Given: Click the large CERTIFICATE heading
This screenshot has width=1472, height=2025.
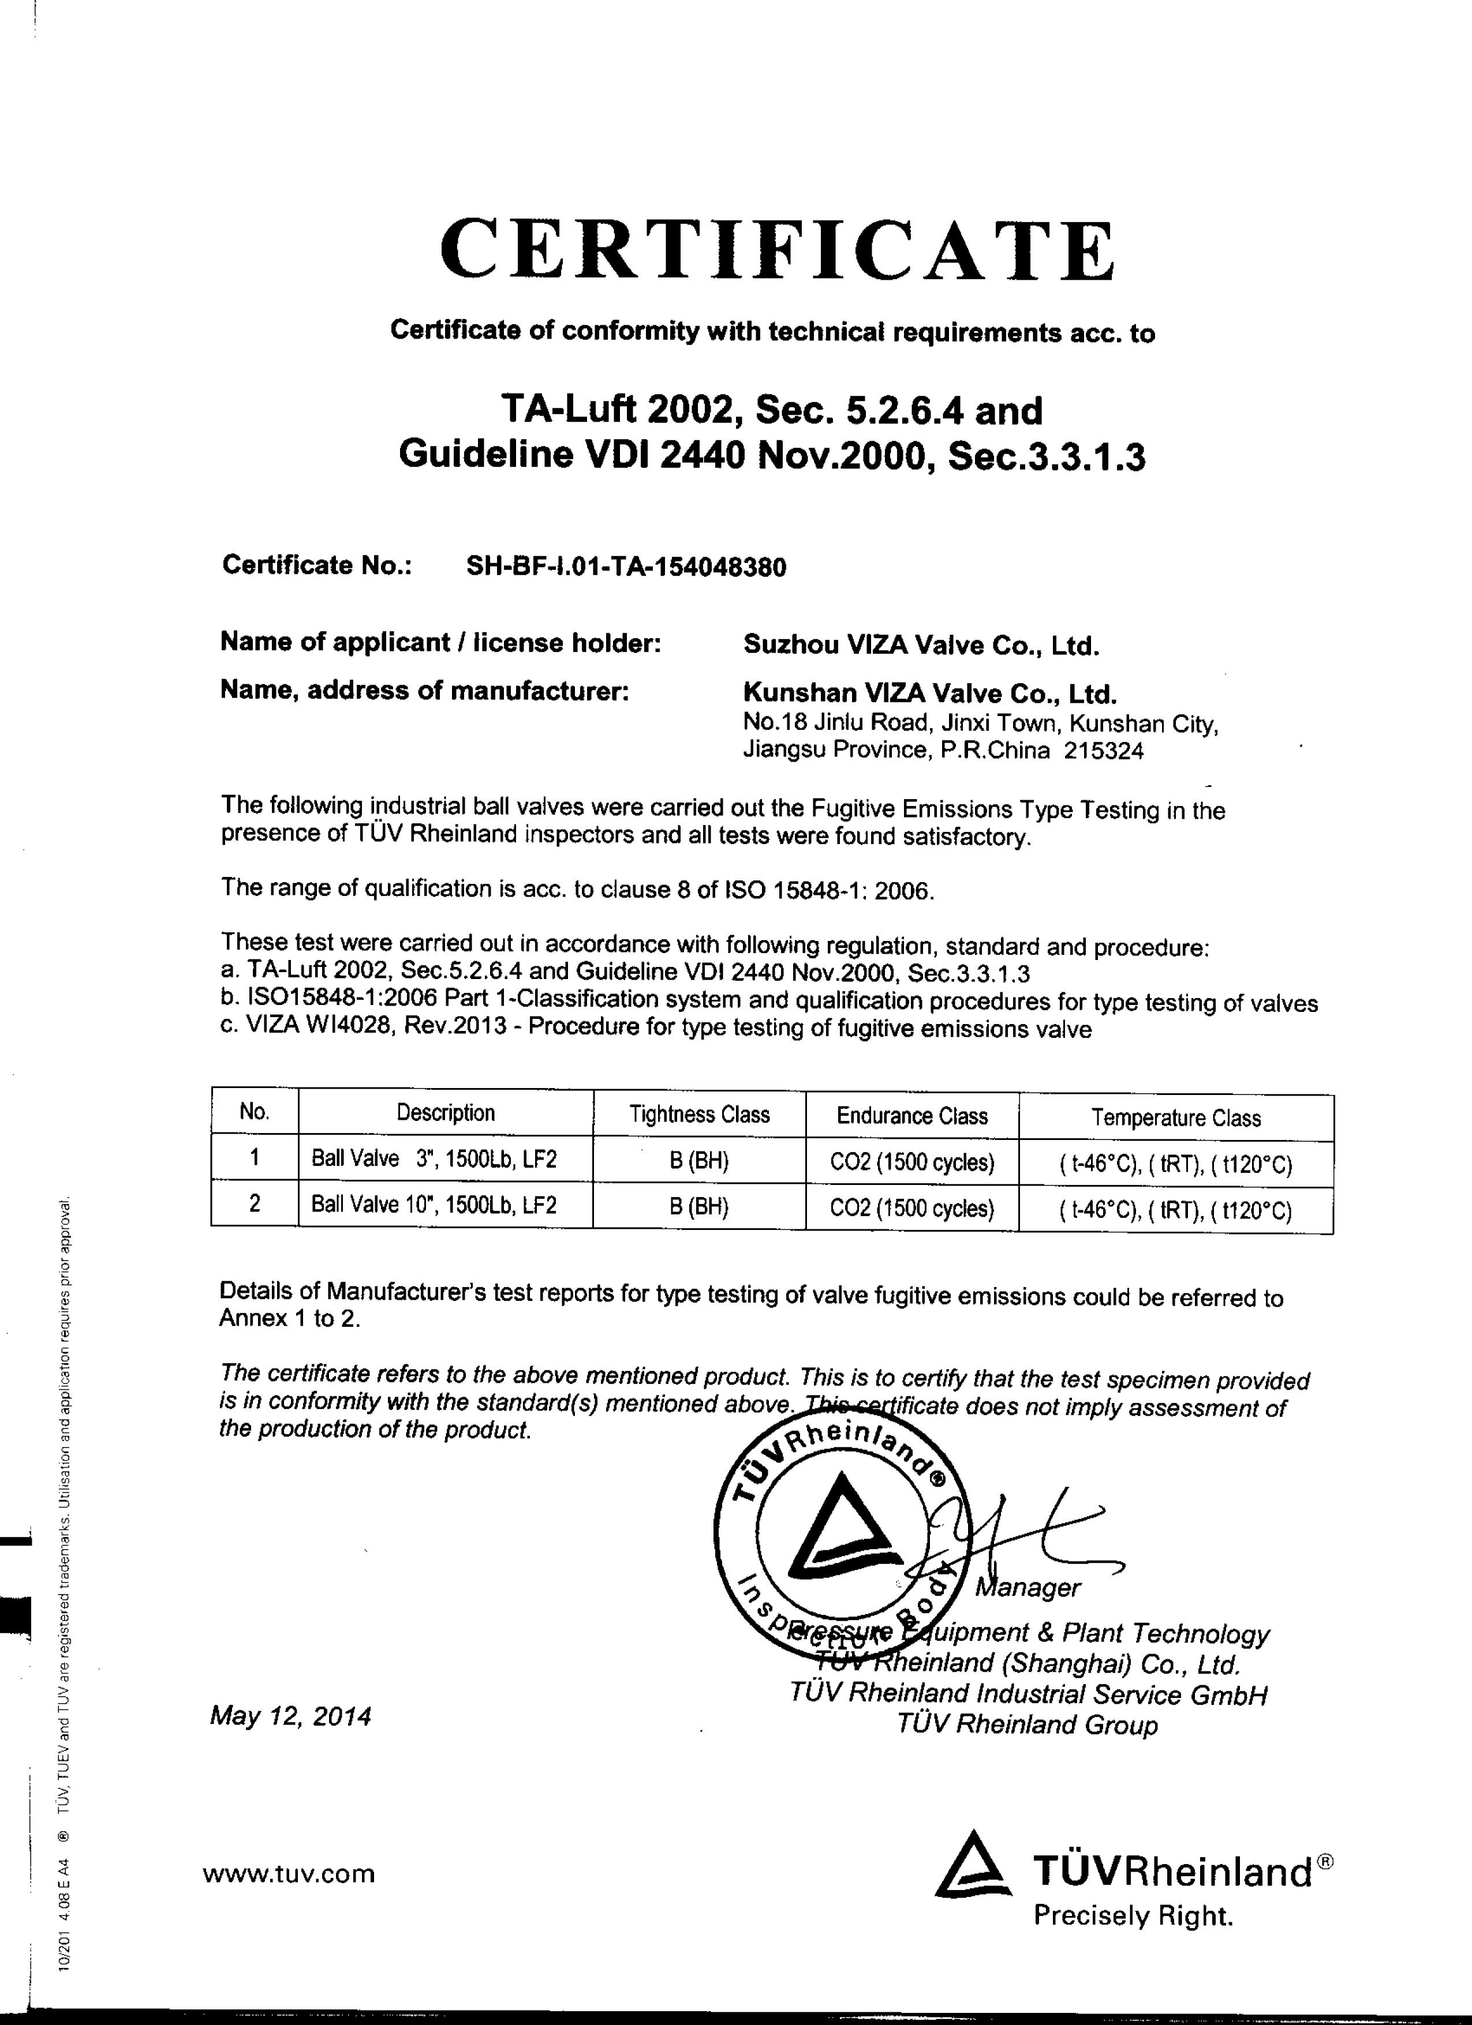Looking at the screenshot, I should [x=777, y=250].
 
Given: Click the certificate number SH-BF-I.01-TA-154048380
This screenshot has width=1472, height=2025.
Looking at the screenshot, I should [x=626, y=567].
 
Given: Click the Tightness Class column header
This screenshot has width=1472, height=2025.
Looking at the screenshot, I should [x=700, y=1114].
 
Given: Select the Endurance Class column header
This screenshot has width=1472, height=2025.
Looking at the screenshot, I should [x=912, y=1116].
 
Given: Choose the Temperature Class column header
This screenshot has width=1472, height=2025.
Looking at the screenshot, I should [x=1175, y=1118].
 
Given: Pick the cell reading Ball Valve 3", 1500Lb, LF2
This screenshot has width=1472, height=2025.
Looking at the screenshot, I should [x=434, y=1159].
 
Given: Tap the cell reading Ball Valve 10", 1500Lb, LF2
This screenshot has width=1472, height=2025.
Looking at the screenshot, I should [x=434, y=1205].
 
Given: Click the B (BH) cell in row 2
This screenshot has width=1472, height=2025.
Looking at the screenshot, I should [x=700, y=1207].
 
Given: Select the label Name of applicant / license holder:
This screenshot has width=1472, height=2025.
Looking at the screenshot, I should [x=440, y=643].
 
